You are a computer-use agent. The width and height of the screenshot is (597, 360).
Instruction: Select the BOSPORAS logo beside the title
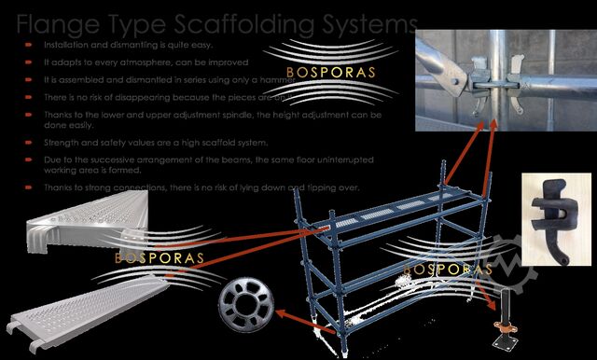point(312,71)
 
